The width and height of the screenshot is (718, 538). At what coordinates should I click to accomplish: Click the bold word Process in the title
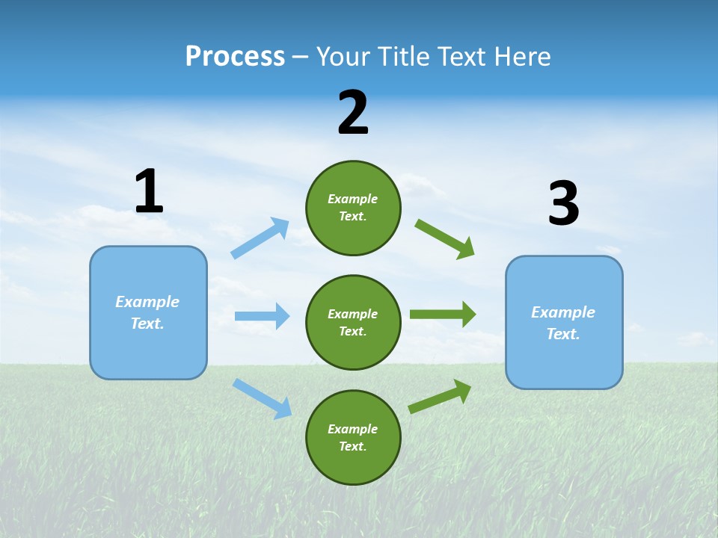tap(235, 57)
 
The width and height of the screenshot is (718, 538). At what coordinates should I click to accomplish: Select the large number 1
tap(149, 191)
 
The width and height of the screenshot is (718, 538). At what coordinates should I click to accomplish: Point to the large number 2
tap(353, 113)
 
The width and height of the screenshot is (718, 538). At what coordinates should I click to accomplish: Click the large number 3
tap(563, 204)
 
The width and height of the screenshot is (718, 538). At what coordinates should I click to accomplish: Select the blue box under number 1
tap(148, 312)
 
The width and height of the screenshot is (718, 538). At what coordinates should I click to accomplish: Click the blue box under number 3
tap(564, 322)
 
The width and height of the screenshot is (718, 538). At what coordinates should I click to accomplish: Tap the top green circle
tap(353, 208)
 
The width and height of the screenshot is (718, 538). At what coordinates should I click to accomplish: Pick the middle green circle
tap(353, 322)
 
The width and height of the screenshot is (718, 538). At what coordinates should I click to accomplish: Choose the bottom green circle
tap(353, 437)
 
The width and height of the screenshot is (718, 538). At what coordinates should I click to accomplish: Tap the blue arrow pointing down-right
tap(263, 398)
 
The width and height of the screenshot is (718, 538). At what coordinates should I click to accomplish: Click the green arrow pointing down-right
tap(445, 239)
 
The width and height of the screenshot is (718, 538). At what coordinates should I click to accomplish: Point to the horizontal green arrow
tap(443, 314)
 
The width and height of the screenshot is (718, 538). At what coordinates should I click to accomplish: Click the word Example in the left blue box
tap(147, 302)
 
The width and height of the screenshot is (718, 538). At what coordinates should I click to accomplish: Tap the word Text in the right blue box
tap(562, 334)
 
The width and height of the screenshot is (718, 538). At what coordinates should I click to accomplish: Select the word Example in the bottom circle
tap(353, 429)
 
